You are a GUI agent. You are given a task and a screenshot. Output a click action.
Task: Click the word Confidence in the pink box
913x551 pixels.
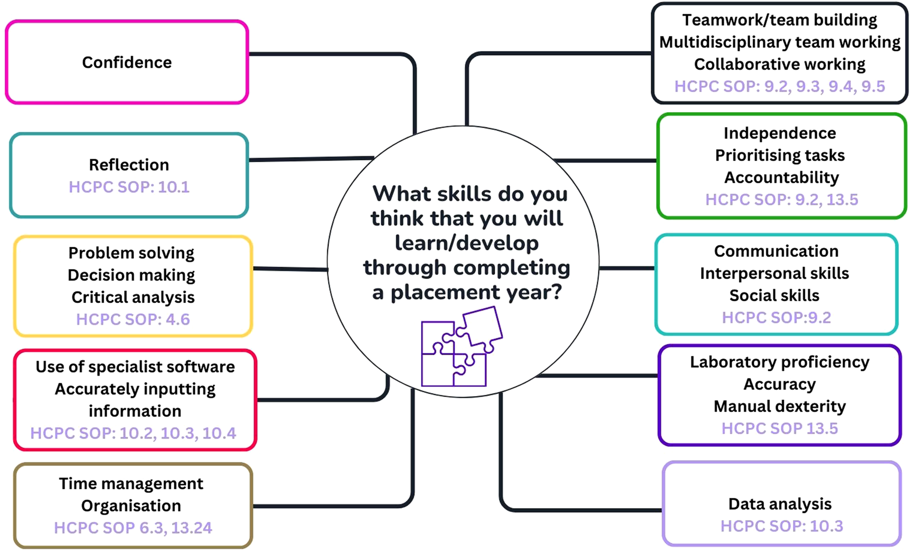click(x=127, y=62)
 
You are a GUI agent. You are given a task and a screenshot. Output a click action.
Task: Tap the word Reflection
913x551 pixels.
click(x=129, y=165)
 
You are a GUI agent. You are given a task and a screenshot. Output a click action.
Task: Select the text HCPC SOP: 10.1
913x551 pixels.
click(x=129, y=187)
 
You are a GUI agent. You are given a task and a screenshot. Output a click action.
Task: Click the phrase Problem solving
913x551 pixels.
click(x=131, y=253)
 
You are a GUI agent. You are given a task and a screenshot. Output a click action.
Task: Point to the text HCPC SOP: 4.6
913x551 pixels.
click(x=133, y=319)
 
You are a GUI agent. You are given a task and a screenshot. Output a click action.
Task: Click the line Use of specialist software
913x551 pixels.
click(x=135, y=367)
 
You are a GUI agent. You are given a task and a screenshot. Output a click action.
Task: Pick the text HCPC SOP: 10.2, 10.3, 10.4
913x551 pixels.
click(x=133, y=433)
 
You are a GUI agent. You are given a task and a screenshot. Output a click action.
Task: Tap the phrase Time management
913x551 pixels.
click(x=131, y=484)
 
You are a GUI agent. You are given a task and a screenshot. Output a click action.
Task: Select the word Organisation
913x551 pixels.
click(x=131, y=506)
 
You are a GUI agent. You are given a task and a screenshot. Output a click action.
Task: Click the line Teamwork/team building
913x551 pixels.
click(x=780, y=20)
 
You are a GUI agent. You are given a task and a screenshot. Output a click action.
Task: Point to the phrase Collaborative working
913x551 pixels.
click(x=780, y=64)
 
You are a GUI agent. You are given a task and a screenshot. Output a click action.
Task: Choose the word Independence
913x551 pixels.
click(x=780, y=133)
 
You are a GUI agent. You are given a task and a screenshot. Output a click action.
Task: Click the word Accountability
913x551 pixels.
click(x=782, y=177)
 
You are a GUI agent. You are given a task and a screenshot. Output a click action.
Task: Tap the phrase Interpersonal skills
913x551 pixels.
click(x=774, y=273)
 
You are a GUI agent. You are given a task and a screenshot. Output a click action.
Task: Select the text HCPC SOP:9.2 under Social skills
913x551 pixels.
click(x=776, y=318)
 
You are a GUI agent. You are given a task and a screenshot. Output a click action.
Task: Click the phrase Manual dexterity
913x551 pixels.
click(x=780, y=406)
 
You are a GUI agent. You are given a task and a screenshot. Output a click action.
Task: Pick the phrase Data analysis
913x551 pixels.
click(x=780, y=504)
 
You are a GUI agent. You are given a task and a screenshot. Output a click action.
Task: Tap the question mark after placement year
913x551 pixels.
click(x=556, y=292)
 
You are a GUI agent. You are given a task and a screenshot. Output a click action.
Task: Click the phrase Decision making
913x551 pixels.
click(x=131, y=275)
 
